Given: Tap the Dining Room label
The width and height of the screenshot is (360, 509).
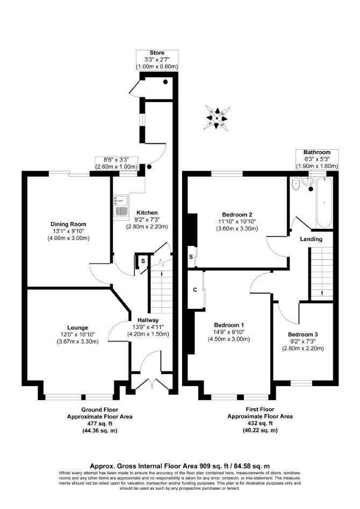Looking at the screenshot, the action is (x=68, y=224).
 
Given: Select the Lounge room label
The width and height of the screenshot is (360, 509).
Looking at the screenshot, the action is (x=78, y=328).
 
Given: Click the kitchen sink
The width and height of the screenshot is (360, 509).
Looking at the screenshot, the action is (x=121, y=206).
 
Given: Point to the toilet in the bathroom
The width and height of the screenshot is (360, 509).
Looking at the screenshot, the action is (x=296, y=184).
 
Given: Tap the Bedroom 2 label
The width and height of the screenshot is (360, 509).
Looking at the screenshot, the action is (x=237, y=215).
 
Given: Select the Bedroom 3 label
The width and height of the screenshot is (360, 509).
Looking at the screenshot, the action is (x=303, y=335).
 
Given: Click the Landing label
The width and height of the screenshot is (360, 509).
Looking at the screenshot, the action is (x=311, y=239).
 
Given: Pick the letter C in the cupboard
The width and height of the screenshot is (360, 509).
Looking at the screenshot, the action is (x=195, y=290).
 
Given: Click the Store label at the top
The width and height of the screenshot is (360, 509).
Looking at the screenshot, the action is (x=157, y=53).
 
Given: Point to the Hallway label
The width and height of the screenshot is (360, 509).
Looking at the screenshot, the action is (x=148, y=320).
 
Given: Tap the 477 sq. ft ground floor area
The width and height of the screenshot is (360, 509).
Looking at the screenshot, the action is (x=99, y=423).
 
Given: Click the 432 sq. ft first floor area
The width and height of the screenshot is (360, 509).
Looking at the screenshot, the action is (x=260, y=423).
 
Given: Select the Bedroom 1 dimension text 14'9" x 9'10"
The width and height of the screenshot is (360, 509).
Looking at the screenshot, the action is (x=229, y=332).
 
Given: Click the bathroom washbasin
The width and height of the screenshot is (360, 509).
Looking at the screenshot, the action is (x=307, y=181).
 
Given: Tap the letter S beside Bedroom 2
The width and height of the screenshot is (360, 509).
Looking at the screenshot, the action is (x=191, y=257).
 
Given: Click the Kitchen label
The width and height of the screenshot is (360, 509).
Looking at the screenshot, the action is (x=147, y=213).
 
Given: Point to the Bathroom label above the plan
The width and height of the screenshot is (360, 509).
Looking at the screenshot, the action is (x=317, y=152).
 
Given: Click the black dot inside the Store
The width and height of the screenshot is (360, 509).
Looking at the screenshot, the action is (x=165, y=82).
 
